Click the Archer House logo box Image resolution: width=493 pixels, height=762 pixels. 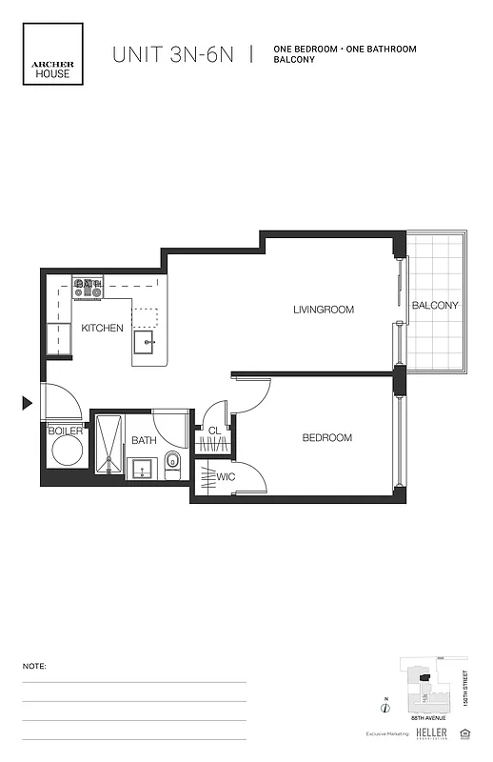(54, 54)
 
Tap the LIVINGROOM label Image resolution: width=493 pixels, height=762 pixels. (323, 310)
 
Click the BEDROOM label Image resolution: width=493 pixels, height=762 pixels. (326, 438)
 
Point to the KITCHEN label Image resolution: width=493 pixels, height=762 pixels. (102, 328)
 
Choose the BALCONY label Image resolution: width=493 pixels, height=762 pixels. (435, 306)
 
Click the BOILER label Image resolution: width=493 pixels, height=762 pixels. (66, 431)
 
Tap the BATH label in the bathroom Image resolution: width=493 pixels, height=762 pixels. (144, 440)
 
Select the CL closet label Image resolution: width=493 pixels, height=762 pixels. (214, 431)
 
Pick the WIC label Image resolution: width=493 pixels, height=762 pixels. (226, 475)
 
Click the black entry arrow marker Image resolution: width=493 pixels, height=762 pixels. (27, 403)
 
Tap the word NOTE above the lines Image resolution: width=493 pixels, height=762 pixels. (33, 667)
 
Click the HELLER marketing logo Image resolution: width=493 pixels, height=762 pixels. (433, 733)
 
